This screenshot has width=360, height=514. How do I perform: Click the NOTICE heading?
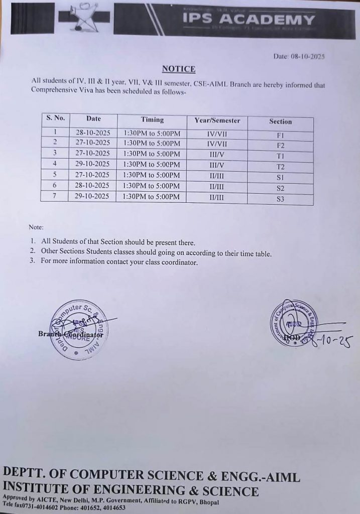click(178, 69)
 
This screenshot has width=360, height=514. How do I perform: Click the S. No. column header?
click(55, 118)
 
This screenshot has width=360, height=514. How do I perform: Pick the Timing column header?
click(152, 119)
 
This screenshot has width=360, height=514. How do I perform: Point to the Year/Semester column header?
click(217, 120)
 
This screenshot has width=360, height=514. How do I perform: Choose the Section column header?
click(280, 121)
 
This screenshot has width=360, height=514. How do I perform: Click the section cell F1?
click(280, 135)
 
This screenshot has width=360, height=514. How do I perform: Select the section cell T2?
click(280, 167)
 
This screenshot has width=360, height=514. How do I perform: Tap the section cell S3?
click(280, 199)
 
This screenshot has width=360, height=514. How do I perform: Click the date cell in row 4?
click(92, 164)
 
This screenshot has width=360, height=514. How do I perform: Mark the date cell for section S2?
click(92, 186)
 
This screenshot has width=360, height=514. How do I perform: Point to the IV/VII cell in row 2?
click(217, 144)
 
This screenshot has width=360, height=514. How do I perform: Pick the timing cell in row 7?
click(152, 197)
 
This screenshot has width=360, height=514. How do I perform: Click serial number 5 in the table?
click(55, 174)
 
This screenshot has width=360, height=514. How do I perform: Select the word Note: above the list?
click(36, 227)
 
